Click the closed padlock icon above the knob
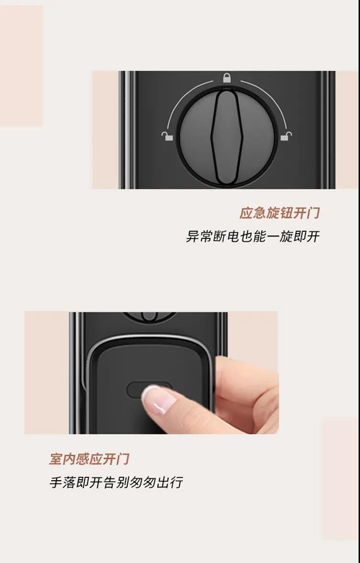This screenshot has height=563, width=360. point(226,77)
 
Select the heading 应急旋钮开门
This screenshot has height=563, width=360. point(280,213)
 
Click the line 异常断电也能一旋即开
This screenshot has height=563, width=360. point(253,236)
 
